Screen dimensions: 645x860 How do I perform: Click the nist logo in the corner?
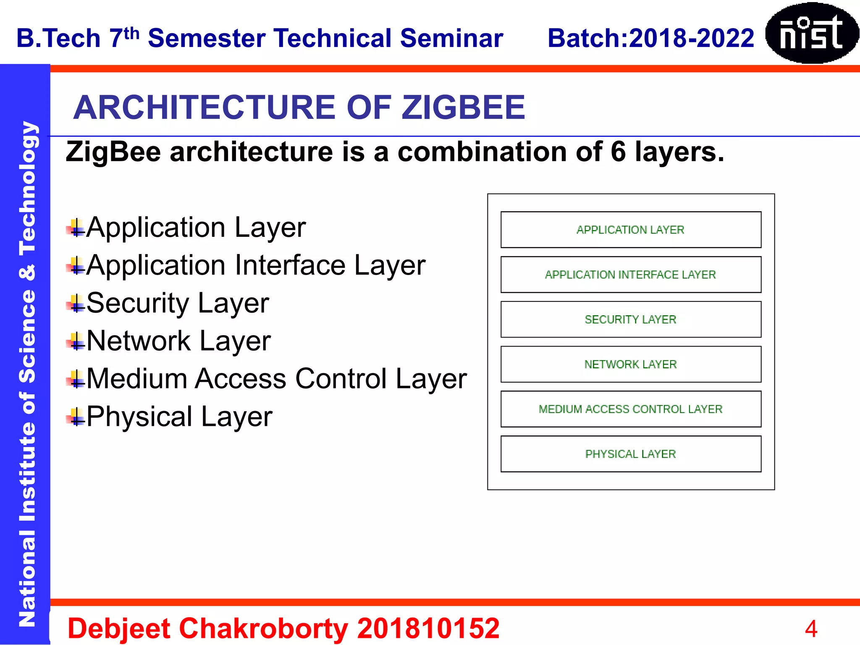pos(811,33)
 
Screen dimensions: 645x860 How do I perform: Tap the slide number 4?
pos(811,629)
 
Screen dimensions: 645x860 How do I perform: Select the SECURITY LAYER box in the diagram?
pos(631,320)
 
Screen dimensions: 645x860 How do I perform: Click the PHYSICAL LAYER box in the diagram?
pos(631,454)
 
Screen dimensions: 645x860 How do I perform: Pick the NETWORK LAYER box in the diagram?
pos(631,364)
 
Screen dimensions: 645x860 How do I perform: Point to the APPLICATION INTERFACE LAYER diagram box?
pos(631,275)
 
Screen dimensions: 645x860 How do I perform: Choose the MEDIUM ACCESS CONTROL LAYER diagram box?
pos(631,409)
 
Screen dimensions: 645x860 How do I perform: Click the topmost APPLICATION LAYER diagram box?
pos(631,230)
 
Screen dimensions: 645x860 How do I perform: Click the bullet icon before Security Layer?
pos(76,303)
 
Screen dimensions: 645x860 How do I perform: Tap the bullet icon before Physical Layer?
pos(76,417)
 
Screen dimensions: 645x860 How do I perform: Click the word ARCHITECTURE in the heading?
pos(205,107)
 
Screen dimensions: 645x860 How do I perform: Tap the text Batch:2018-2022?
pos(650,38)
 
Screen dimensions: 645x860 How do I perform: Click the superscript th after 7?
pos(131,33)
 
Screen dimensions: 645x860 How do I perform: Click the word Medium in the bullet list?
pos(136,379)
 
